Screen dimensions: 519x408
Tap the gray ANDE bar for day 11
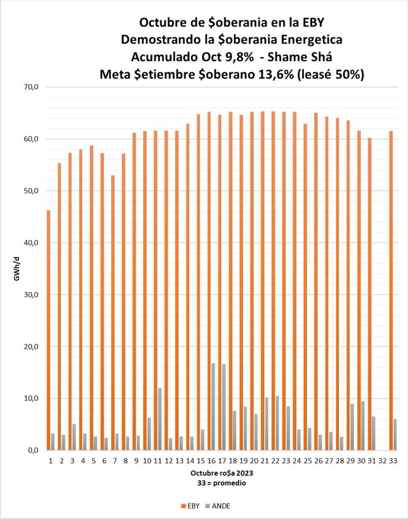[x=159, y=419]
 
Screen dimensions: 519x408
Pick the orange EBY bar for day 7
[x=113, y=312]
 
